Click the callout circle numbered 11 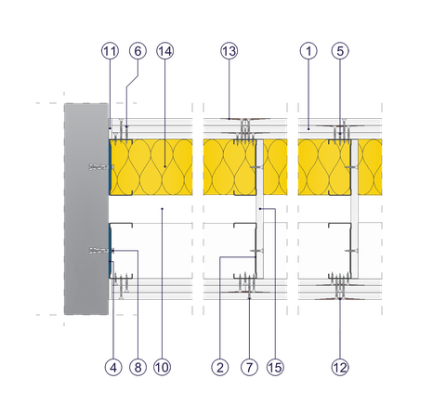(x=110, y=51)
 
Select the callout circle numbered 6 (x=138, y=51)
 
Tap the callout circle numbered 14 (x=165, y=51)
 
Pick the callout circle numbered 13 (x=230, y=51)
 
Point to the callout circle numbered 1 (x=308, y=51)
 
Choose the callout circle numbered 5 (x=340, y=51)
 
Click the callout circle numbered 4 (x=113, y=367)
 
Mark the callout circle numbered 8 (x=138, y=367)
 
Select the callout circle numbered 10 (x=162, y=367)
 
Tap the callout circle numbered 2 (x=220, y=367)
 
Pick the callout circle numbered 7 (x=249, y=367)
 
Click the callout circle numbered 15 (x=275, y=367)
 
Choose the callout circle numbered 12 (x=340, y=367)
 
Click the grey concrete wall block (x=86, y=209)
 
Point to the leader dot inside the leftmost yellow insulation (x=164, y=166)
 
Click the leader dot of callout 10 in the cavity (x=162, y=209)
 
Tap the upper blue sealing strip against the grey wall (x=110, y=167)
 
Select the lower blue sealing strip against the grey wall (x=110, y=251)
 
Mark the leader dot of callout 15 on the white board (x=260, y=209)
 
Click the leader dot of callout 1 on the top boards (x=308, y=128)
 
